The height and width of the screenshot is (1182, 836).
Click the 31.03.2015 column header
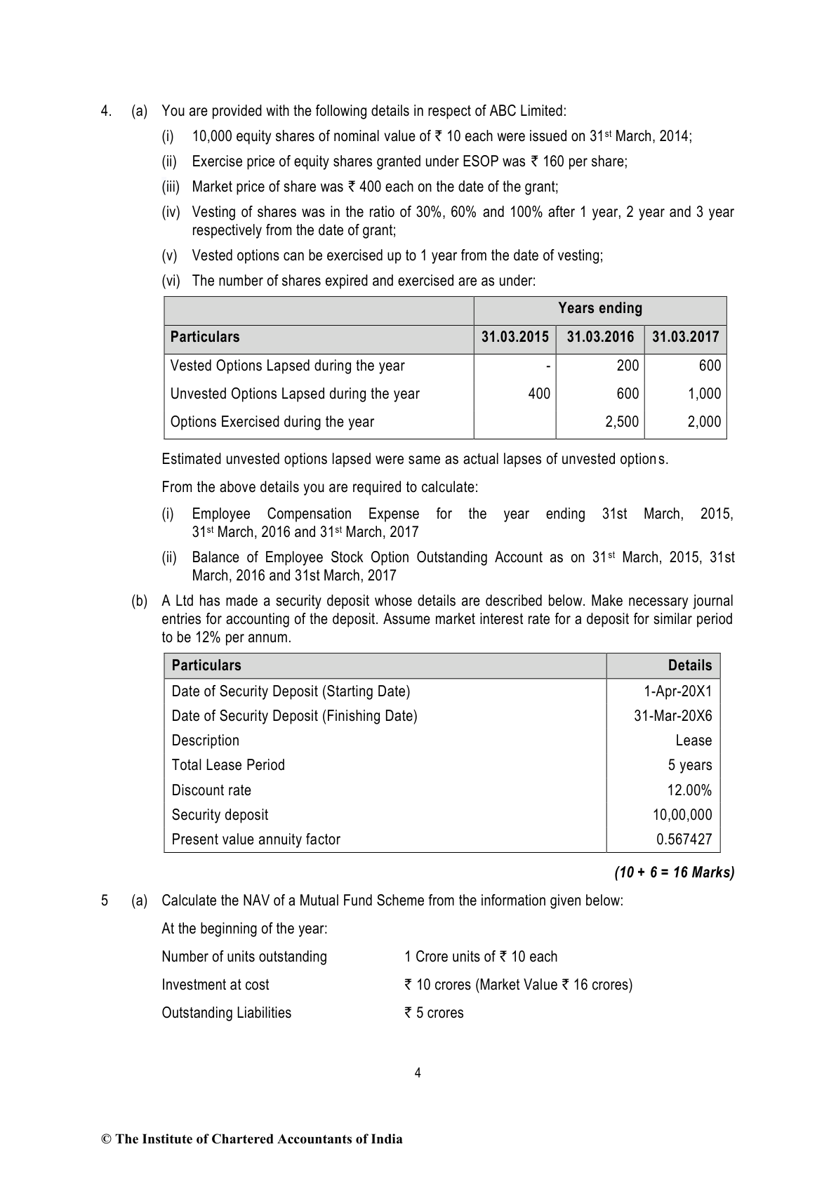(x=515, y=337)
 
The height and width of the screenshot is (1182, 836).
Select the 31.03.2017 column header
(x=685, y=337)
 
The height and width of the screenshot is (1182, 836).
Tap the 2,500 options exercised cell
(x=622, y=422)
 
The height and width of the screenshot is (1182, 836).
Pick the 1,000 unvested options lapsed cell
(x=704, y=394)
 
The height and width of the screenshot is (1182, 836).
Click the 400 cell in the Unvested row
(x=539, y=394)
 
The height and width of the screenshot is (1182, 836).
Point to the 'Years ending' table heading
(x=599, y=308)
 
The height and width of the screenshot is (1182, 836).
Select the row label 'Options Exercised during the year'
(x=272, y=422)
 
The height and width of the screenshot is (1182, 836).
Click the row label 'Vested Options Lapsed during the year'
(x=287, y=366)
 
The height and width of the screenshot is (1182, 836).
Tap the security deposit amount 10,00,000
(x=682, y=815)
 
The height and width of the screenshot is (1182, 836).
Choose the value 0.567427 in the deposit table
(x=684, y=839)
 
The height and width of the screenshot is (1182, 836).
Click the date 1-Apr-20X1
(x=677, y=691)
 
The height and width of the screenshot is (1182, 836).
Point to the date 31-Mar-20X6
(x=672, y=716)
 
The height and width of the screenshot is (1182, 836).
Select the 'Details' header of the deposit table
(x=689, y=665)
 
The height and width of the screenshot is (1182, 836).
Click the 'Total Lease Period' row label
(x=228, y=765)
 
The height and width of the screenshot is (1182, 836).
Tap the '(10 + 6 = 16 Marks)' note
(x=674, y=873)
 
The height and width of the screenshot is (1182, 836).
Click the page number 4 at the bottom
(x=418, y=1073)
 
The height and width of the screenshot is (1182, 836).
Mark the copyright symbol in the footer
(x=107, y=1139)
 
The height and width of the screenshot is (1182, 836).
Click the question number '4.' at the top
(x=106, y=111)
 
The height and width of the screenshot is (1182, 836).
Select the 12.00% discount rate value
(x=689, y=790)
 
